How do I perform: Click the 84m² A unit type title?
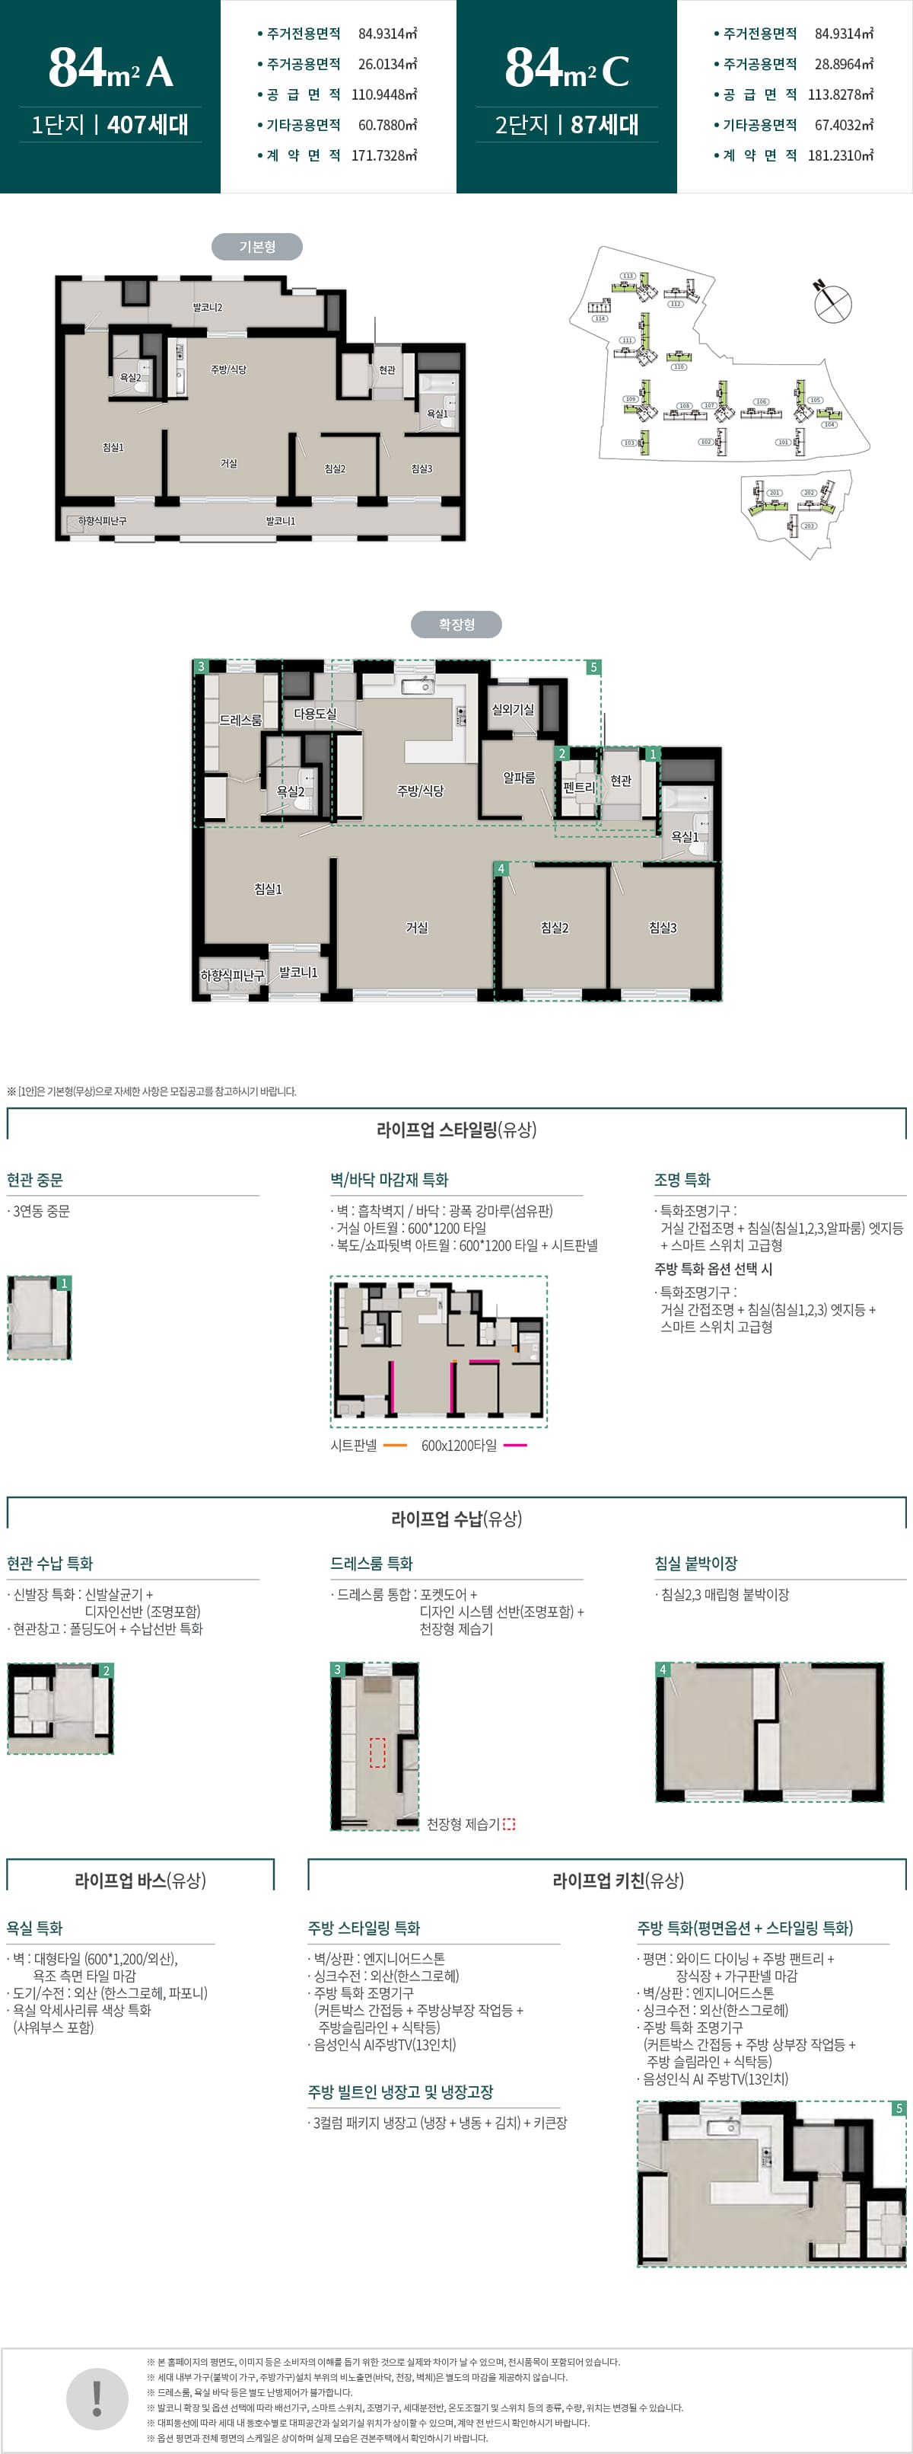110,69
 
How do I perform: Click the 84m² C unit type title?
567,69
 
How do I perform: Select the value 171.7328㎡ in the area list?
383,155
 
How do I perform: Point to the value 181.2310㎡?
840,155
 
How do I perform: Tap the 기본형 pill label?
257,247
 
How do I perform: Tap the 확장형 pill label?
456,624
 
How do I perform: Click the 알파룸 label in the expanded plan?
519,778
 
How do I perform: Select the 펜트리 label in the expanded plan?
578,787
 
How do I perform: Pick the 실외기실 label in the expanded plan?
512,710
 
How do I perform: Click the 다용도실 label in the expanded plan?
314,714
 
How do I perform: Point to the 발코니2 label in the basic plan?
207,308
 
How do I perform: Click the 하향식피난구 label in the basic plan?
102,521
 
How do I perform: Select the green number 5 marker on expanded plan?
593,667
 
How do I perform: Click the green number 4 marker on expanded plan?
501,868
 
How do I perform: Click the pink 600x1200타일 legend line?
515,1445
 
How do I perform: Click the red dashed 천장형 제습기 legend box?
509,1824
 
